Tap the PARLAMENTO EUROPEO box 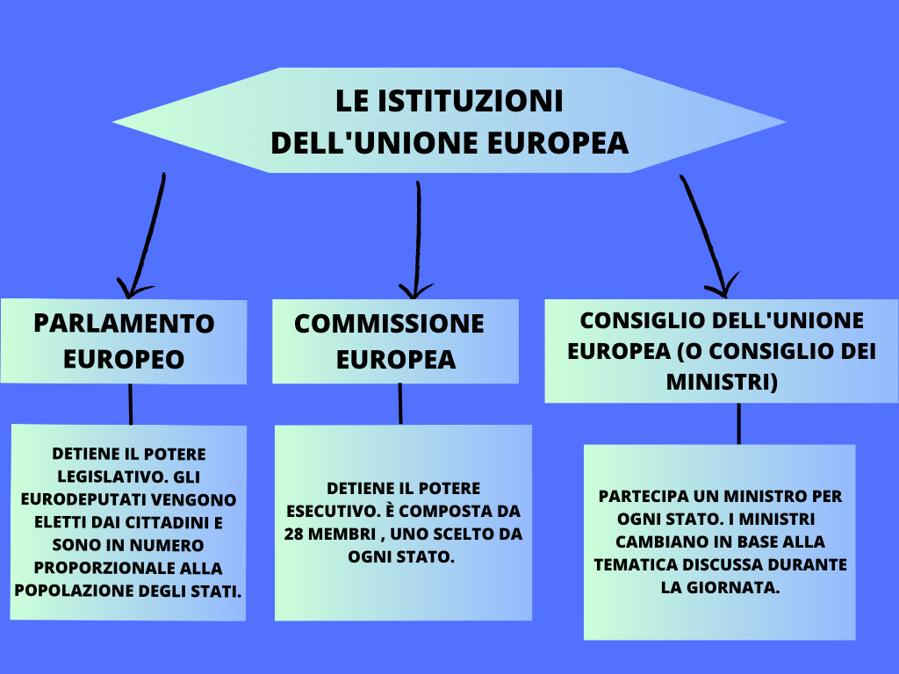pyautogui.click(x=124, y=341)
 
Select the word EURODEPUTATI pyautogui.click(x=75, y=499)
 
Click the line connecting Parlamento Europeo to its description pyautogui.click(x=131, y=405)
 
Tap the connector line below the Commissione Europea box pyautogui.click(x=400, y=404)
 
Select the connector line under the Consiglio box pyautogui.click(x=738, y=423)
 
